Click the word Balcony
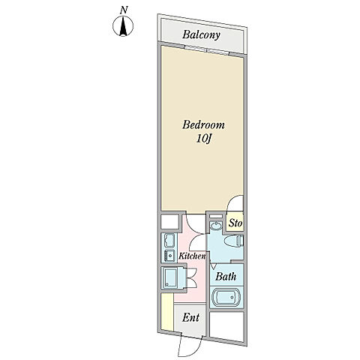point(201,34)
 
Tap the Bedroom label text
point(203,124)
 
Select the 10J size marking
point(204,139)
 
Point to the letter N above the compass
point(124,10)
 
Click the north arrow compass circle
point(123,26)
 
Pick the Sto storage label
point(235,223)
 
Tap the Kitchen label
point(192,256)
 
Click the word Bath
point(226,277)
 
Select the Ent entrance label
point(190,318)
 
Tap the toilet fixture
point(233,241)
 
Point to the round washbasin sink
point(215,226)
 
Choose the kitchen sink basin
point(169,241)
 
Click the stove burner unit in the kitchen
point(169,255)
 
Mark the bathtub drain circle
point(232,297)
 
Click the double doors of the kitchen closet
point(192,278)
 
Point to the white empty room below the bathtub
point(226,326)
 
